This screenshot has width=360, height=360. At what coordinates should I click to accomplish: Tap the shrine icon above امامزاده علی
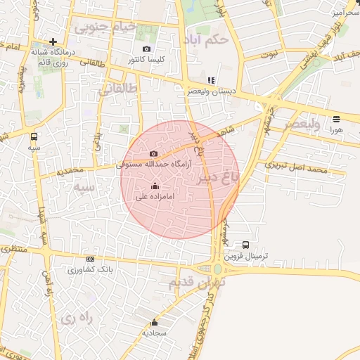(x=155, y=186)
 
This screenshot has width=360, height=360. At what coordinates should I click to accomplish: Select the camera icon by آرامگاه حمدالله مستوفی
(x=154, y=153)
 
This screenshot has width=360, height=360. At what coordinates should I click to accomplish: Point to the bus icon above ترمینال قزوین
(x=245, y=245)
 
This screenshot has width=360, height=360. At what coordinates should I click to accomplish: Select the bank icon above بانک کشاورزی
(x=90, y=259)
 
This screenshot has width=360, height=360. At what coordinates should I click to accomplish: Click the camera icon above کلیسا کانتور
(x=146, y=49)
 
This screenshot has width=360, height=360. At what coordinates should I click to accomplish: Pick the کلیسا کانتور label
(x=146, y=60)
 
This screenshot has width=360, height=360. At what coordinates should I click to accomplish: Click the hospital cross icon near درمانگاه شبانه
(x=53, y=41)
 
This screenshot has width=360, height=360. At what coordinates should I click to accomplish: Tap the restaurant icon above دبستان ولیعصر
(x=212, y=80)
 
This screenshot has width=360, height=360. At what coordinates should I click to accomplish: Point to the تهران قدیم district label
(x=194, y=282)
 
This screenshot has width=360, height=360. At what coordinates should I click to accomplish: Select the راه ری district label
(x=77, y=317)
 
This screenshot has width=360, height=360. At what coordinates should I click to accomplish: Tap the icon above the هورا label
(x=336, y=119)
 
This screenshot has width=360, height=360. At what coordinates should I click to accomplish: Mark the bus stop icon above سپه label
(x=34, y=136)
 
